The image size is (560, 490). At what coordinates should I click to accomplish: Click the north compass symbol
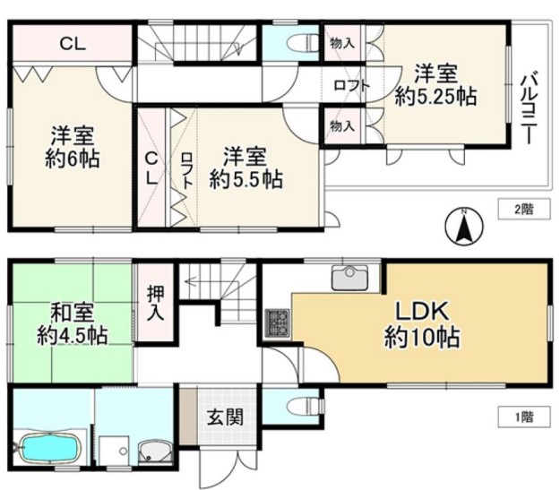tap(464, 227)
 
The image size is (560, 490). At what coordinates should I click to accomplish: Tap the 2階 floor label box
tap(524, 209)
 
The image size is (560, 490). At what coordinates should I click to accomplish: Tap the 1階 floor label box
tap(524, 417)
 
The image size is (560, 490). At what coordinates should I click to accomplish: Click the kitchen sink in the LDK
tap(350, 278)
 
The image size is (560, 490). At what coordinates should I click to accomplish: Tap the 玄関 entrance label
tap(226, 417)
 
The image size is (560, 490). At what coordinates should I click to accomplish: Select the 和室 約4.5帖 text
tap(73, 323)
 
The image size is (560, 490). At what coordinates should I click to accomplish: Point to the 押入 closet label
tap(156, 303)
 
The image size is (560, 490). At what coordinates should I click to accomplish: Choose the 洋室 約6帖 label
tap(73, 147)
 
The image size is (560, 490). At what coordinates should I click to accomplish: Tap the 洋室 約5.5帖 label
tap(246, 168)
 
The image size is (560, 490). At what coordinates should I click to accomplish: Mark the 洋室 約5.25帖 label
tap(435, 85)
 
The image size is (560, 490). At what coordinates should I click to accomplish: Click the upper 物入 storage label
tap(342, 44)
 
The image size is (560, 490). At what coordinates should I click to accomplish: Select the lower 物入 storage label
tap(342, 126)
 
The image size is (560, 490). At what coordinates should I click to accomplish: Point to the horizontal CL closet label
tap(73, 44)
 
